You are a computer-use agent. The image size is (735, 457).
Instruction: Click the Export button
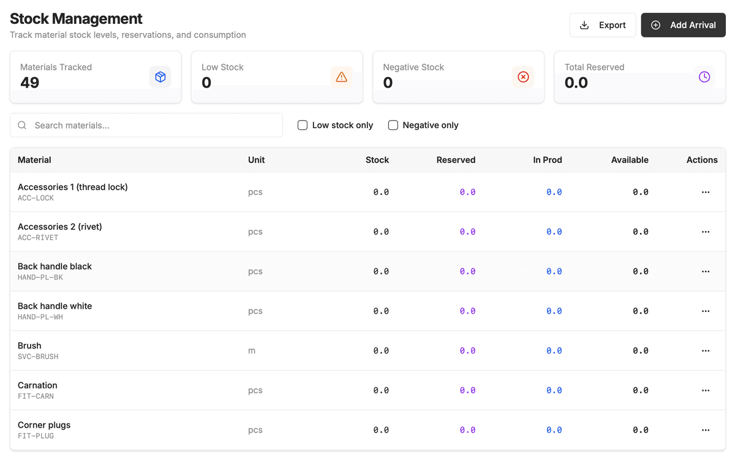[x=602, y=25]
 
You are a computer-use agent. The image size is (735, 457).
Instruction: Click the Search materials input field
[x=147, y=125]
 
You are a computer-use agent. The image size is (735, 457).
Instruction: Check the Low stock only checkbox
[x=303, y=125]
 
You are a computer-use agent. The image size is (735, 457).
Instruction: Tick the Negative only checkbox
[x=393, y=125]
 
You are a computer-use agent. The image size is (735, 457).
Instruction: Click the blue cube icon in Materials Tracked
[x=160, y=77]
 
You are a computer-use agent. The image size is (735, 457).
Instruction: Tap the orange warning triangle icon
[x=342, y=77]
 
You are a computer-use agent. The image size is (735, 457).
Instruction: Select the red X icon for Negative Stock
[x=523, y=77]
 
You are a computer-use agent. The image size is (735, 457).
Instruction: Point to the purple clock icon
[x=704, y=77]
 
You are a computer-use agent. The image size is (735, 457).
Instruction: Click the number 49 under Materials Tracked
[x=30, y=83]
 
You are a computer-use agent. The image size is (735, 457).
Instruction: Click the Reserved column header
[x=456, y=160]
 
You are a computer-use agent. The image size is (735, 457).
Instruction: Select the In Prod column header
[x=548, y=160]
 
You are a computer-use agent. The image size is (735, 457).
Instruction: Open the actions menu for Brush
[x=706, y=351]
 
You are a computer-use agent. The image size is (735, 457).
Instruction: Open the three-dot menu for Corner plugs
[x=706, y=430]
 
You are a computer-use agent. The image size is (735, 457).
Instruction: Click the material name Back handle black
[x=55, y=266]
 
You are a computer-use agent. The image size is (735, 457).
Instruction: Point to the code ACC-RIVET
[x=38, y=238]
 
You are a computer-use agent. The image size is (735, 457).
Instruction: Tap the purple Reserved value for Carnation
[x=467, y=390]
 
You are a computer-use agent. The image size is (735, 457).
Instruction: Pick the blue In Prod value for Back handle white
[x=554, y=311]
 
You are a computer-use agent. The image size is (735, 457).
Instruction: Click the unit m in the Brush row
[x=252, y=351]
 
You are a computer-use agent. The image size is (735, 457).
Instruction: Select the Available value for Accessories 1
[x=641, y=192]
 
